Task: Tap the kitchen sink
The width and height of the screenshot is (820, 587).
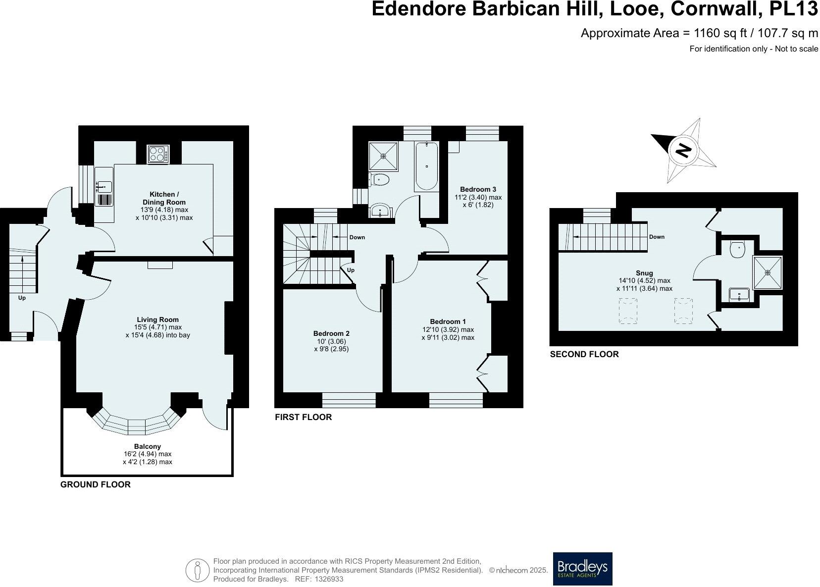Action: pos(104,186)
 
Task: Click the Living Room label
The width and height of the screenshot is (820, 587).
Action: pos(157,320)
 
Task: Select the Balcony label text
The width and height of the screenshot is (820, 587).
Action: pos(147,446)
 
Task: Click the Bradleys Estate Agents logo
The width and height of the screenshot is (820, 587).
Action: pos(582,569)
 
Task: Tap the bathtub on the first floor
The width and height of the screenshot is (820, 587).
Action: pos(426,167)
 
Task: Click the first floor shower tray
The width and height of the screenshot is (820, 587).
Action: pos(383,156)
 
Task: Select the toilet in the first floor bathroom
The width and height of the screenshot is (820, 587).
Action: pos(380,180)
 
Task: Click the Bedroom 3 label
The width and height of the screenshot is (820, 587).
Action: pos(478,189)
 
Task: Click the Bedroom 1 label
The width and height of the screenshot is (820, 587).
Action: pos(448,321)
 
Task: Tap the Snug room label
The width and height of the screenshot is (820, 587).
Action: pos(644,273)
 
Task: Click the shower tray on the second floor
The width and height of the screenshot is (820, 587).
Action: pos(767,272)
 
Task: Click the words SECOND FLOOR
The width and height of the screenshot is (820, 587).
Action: pos(584,354)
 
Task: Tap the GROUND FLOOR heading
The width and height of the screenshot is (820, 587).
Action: pos(95,484)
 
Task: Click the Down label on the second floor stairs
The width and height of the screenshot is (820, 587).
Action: pos(657,237)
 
